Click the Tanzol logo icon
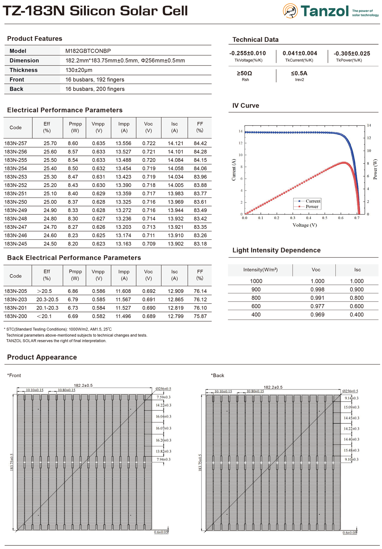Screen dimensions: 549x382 point(290,11)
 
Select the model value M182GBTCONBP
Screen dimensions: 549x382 point(88,51)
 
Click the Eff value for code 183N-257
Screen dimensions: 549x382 point(50,143)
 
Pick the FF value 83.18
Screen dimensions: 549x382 point(200,244)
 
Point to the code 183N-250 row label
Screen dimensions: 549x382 point(16,202)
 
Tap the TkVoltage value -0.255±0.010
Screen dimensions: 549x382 point(248,53)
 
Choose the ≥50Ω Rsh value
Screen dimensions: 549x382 point(245,73)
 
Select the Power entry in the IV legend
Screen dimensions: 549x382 point(312,206)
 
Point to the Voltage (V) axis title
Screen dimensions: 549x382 point(305,225)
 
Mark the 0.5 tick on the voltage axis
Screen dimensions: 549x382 point(325,218)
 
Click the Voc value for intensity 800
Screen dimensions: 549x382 point(317,298)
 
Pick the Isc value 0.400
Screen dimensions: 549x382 point(357,315)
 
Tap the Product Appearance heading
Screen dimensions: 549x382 point(42,357)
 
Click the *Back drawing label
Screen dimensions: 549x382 point(217,375)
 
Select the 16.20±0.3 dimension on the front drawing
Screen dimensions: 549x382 point(163,440)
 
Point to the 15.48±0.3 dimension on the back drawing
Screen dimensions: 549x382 point(351,450)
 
